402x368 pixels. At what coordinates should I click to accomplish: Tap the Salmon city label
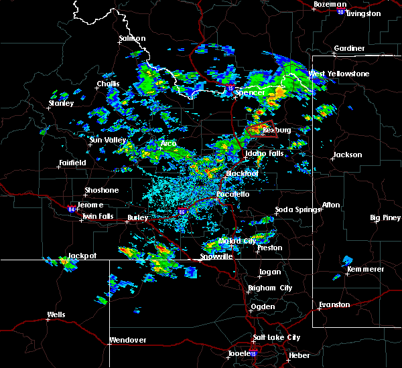click(x=132, y=38)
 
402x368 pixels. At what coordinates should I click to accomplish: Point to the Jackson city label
click(x=347, y=155)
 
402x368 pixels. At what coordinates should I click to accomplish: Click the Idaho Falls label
click(x=265, y=154)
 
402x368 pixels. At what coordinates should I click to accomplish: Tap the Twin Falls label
click(x=98, y=217)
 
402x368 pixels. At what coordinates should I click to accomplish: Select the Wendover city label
click(x=127, y=340)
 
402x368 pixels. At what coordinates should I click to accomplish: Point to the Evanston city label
click(x=334, y=304)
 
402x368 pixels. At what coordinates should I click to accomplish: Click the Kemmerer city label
click(x=366, y=269)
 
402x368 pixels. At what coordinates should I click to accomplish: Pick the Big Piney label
click(x=385, y=217)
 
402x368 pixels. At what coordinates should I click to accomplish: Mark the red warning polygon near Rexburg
click(x=261, y=130)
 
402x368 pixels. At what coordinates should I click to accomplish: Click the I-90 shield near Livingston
click(x=341, y=12)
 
